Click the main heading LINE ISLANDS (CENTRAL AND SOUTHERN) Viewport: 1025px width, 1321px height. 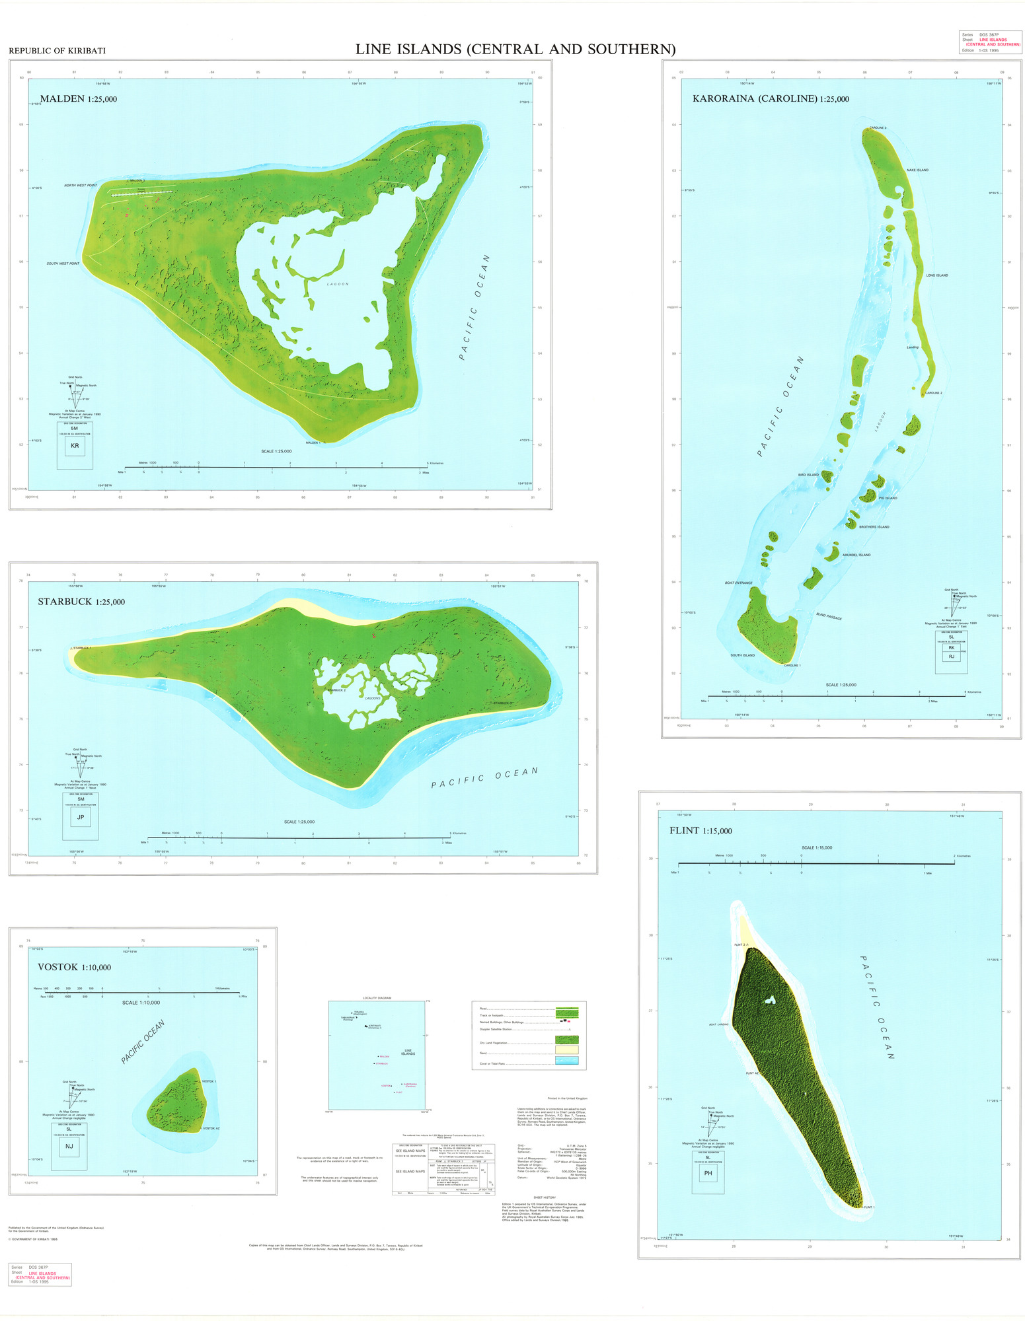click(515, 50)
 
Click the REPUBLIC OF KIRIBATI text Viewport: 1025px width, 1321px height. click(57, 51)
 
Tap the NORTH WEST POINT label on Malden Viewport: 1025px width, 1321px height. click(81, 186)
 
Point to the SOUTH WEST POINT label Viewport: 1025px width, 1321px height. click(63, 264)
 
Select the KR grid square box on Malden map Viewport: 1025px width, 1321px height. click(75, 446)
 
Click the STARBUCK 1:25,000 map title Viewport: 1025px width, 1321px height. click(81, 602)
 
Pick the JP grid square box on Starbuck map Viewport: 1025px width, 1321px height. click(81, 817)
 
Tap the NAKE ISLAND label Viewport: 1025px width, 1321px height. click(917, 170)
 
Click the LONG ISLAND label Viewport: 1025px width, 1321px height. click(936, 275)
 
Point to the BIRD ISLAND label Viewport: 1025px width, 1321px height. click(808, 475)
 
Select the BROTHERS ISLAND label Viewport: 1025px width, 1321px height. click(874, 527)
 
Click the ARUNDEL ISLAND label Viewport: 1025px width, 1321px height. click(856, 555)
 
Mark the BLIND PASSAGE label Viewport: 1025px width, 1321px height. click(829, 617)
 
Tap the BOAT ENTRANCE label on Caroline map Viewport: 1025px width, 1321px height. click(739, 583)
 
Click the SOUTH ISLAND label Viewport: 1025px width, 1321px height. click(742, 655)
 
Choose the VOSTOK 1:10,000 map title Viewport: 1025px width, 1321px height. click(74, 967)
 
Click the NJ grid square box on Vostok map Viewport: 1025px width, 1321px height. click(69, 1147)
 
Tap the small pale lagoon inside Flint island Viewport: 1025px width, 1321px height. click(769, 1001)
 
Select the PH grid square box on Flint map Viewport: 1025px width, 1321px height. click(708, 1173)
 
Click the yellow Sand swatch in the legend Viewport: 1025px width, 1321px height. click(566, 1050)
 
